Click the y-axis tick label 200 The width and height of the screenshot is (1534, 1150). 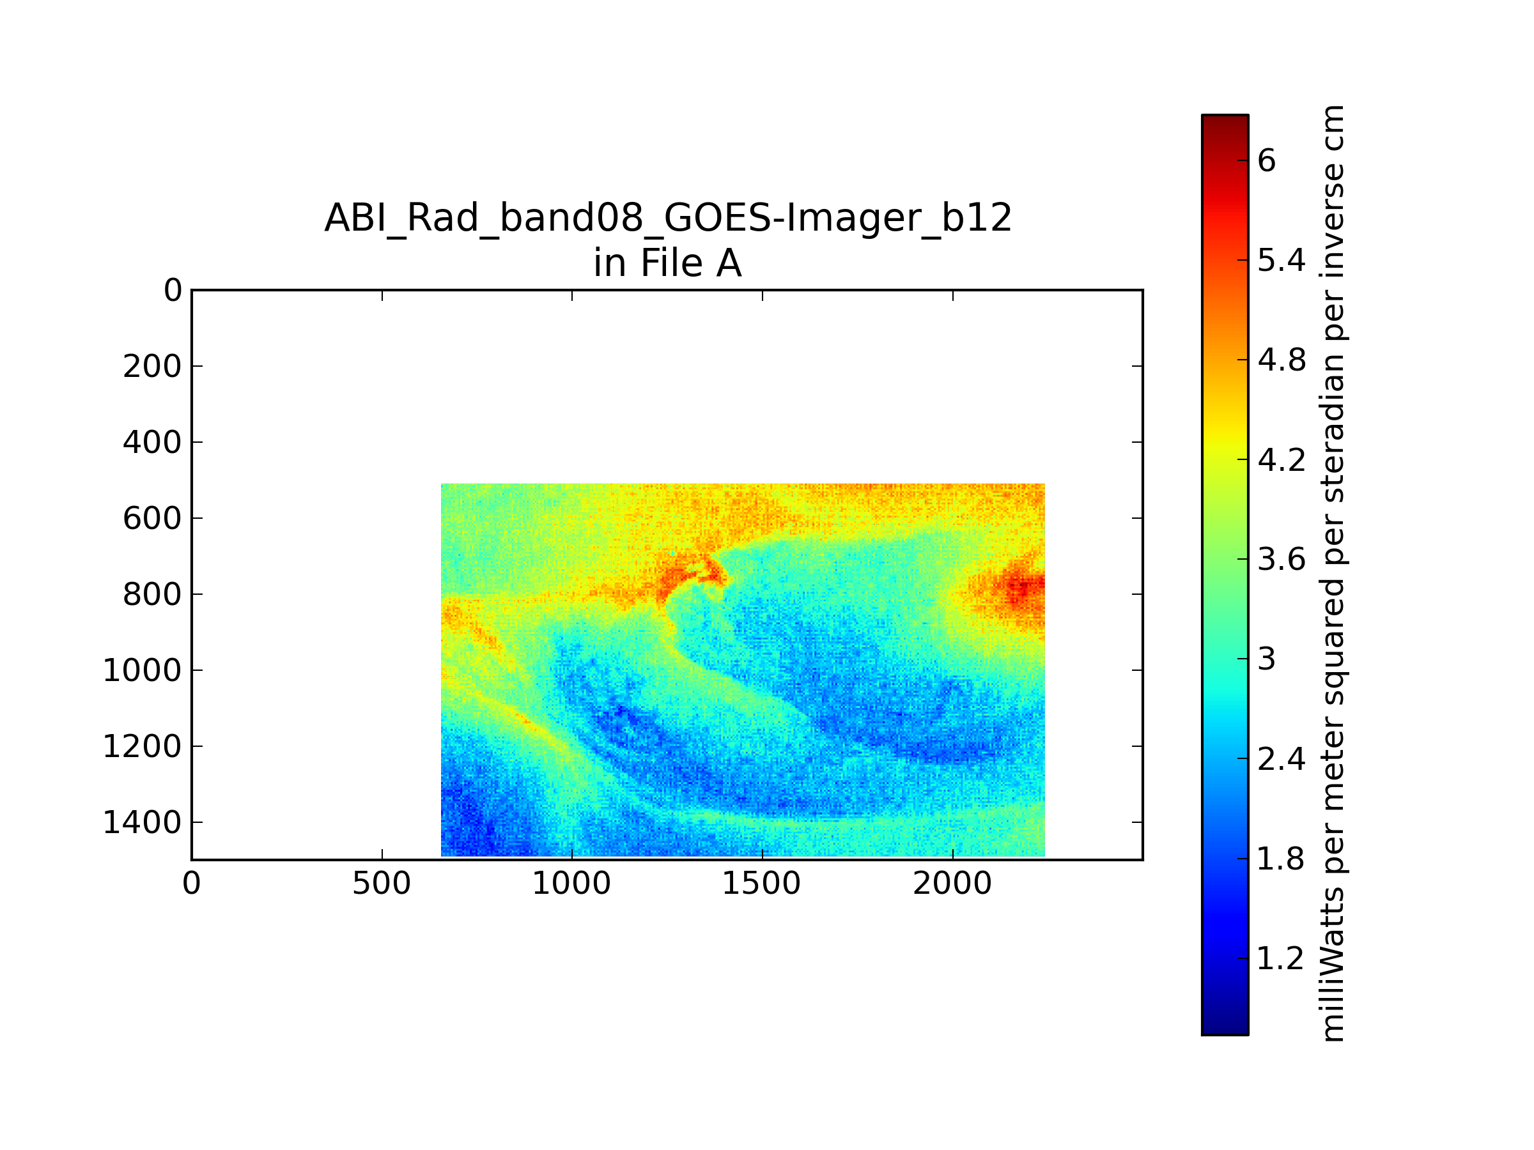coord(152,367)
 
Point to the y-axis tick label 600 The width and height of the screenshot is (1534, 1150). coord(152,519)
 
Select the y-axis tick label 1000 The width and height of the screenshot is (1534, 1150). coord(142,670)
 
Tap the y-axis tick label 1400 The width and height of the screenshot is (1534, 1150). coord(142,822)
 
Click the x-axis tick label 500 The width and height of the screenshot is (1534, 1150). coord(382,884)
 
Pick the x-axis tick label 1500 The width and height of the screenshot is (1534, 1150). coord(761,884)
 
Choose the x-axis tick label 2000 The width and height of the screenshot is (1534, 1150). coord(952,884)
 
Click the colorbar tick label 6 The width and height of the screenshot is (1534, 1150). coord(1266,161)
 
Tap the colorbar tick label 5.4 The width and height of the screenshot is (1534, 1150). coord(1282,261)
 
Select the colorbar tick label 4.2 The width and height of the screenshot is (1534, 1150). coord(1282,459)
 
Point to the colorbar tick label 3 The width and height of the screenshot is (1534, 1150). coord(1266,659)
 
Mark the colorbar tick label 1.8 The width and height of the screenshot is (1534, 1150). coord(1281,859)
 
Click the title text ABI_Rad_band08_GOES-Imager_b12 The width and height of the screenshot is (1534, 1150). coord(668,218)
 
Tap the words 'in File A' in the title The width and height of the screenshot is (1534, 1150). coord(667,263)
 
